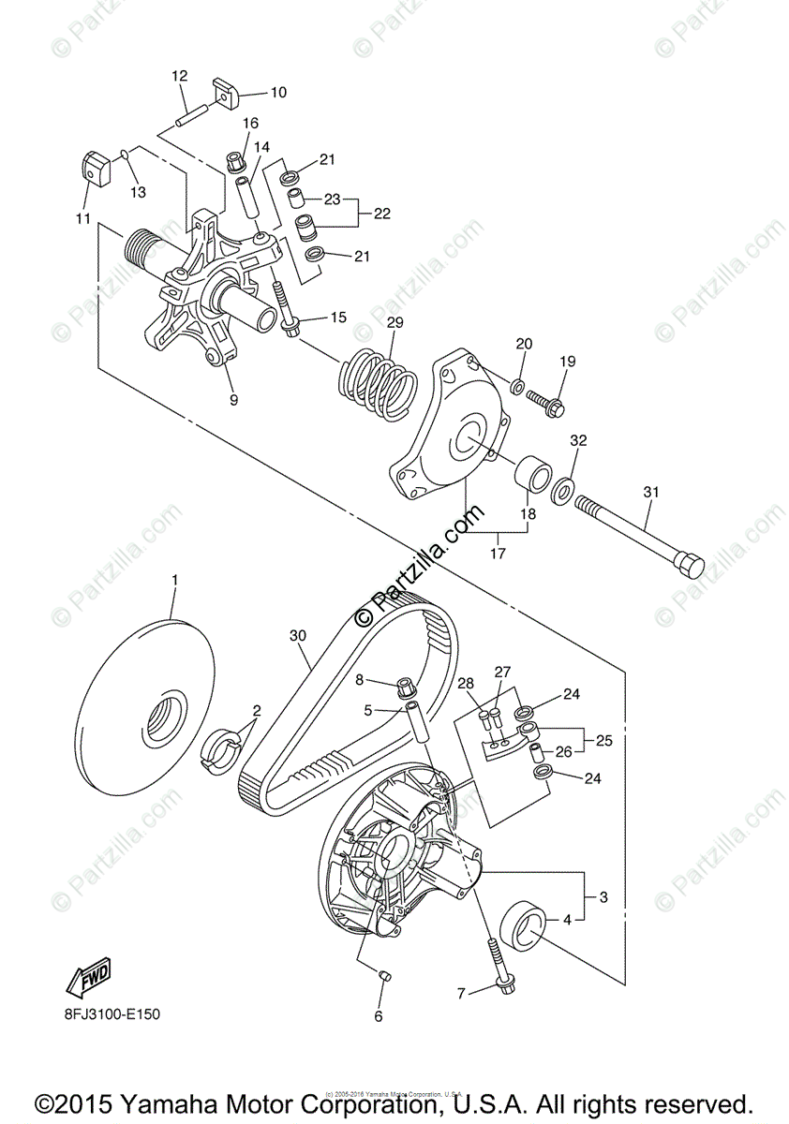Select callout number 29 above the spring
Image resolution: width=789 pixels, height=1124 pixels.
pyautogui.click(x=394, y=322)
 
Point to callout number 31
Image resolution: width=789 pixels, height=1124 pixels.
pyautogui.click(x=650, y=493)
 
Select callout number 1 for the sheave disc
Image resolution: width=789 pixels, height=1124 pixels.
pyautogui.click(x=173, y=582)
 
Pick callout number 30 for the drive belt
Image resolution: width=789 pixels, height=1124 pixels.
pyautogui.click(x=298, y=635)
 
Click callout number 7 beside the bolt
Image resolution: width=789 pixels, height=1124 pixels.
pyautogui.click(x=459, y=992)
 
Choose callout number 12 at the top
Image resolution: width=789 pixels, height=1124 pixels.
pyautogui.click(x=180, y=75)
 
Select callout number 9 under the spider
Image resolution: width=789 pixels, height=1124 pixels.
pyautogui.click(x=233, y=400)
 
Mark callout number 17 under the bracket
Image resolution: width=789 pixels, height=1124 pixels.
pyautogui.click(x=498, y=554)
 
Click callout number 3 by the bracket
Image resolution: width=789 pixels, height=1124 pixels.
pyautogui.click(x=603, y=897)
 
